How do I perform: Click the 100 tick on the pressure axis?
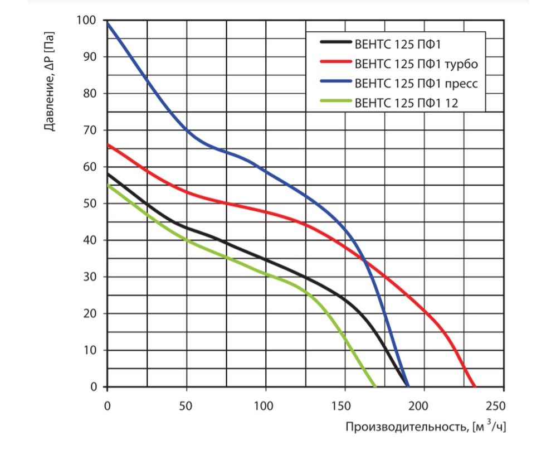(x=89, y=21)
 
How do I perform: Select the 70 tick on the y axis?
(x=91, y=130)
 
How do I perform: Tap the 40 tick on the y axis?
(x=91, y=240)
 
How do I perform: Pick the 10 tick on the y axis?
(x=91, y=350)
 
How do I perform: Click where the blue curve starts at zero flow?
(x=108, y=22)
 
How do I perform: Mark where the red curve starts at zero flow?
(x=108, y=145)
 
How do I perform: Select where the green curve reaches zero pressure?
(x=374, y=386)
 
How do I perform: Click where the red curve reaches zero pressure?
(x=475, y=386)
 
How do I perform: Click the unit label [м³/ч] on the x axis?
(x=489, y=428)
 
